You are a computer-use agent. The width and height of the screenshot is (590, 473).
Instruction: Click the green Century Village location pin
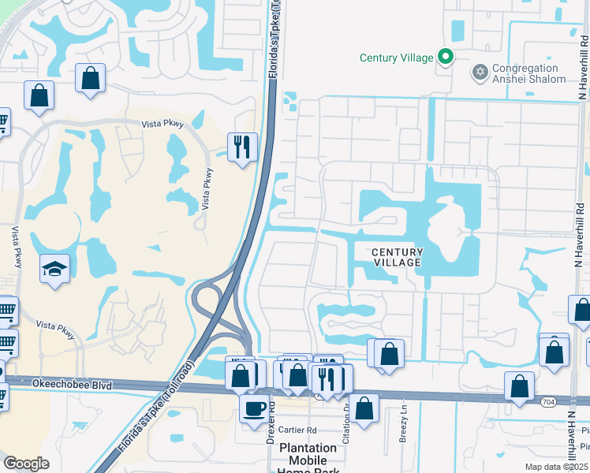(446, 57)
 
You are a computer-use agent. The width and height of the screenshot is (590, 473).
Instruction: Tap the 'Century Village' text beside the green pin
(396, 58)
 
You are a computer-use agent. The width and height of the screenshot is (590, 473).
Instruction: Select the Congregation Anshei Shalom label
(528, 73)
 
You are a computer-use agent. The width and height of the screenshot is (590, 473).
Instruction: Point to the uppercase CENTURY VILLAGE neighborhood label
(398, 257)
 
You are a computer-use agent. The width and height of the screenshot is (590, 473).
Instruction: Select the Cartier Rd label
(297, 430)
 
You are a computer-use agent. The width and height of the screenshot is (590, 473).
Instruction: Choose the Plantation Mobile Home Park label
(308, 460)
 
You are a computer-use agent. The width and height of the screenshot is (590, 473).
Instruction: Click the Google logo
(26, 464)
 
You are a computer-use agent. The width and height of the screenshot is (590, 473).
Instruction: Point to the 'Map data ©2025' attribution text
(557, 466)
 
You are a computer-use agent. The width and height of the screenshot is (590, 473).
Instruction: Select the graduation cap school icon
(54, 270)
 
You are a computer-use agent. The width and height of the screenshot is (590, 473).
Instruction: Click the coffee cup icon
(254, 409)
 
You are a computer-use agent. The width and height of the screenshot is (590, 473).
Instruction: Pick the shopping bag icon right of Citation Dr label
(364, 408)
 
